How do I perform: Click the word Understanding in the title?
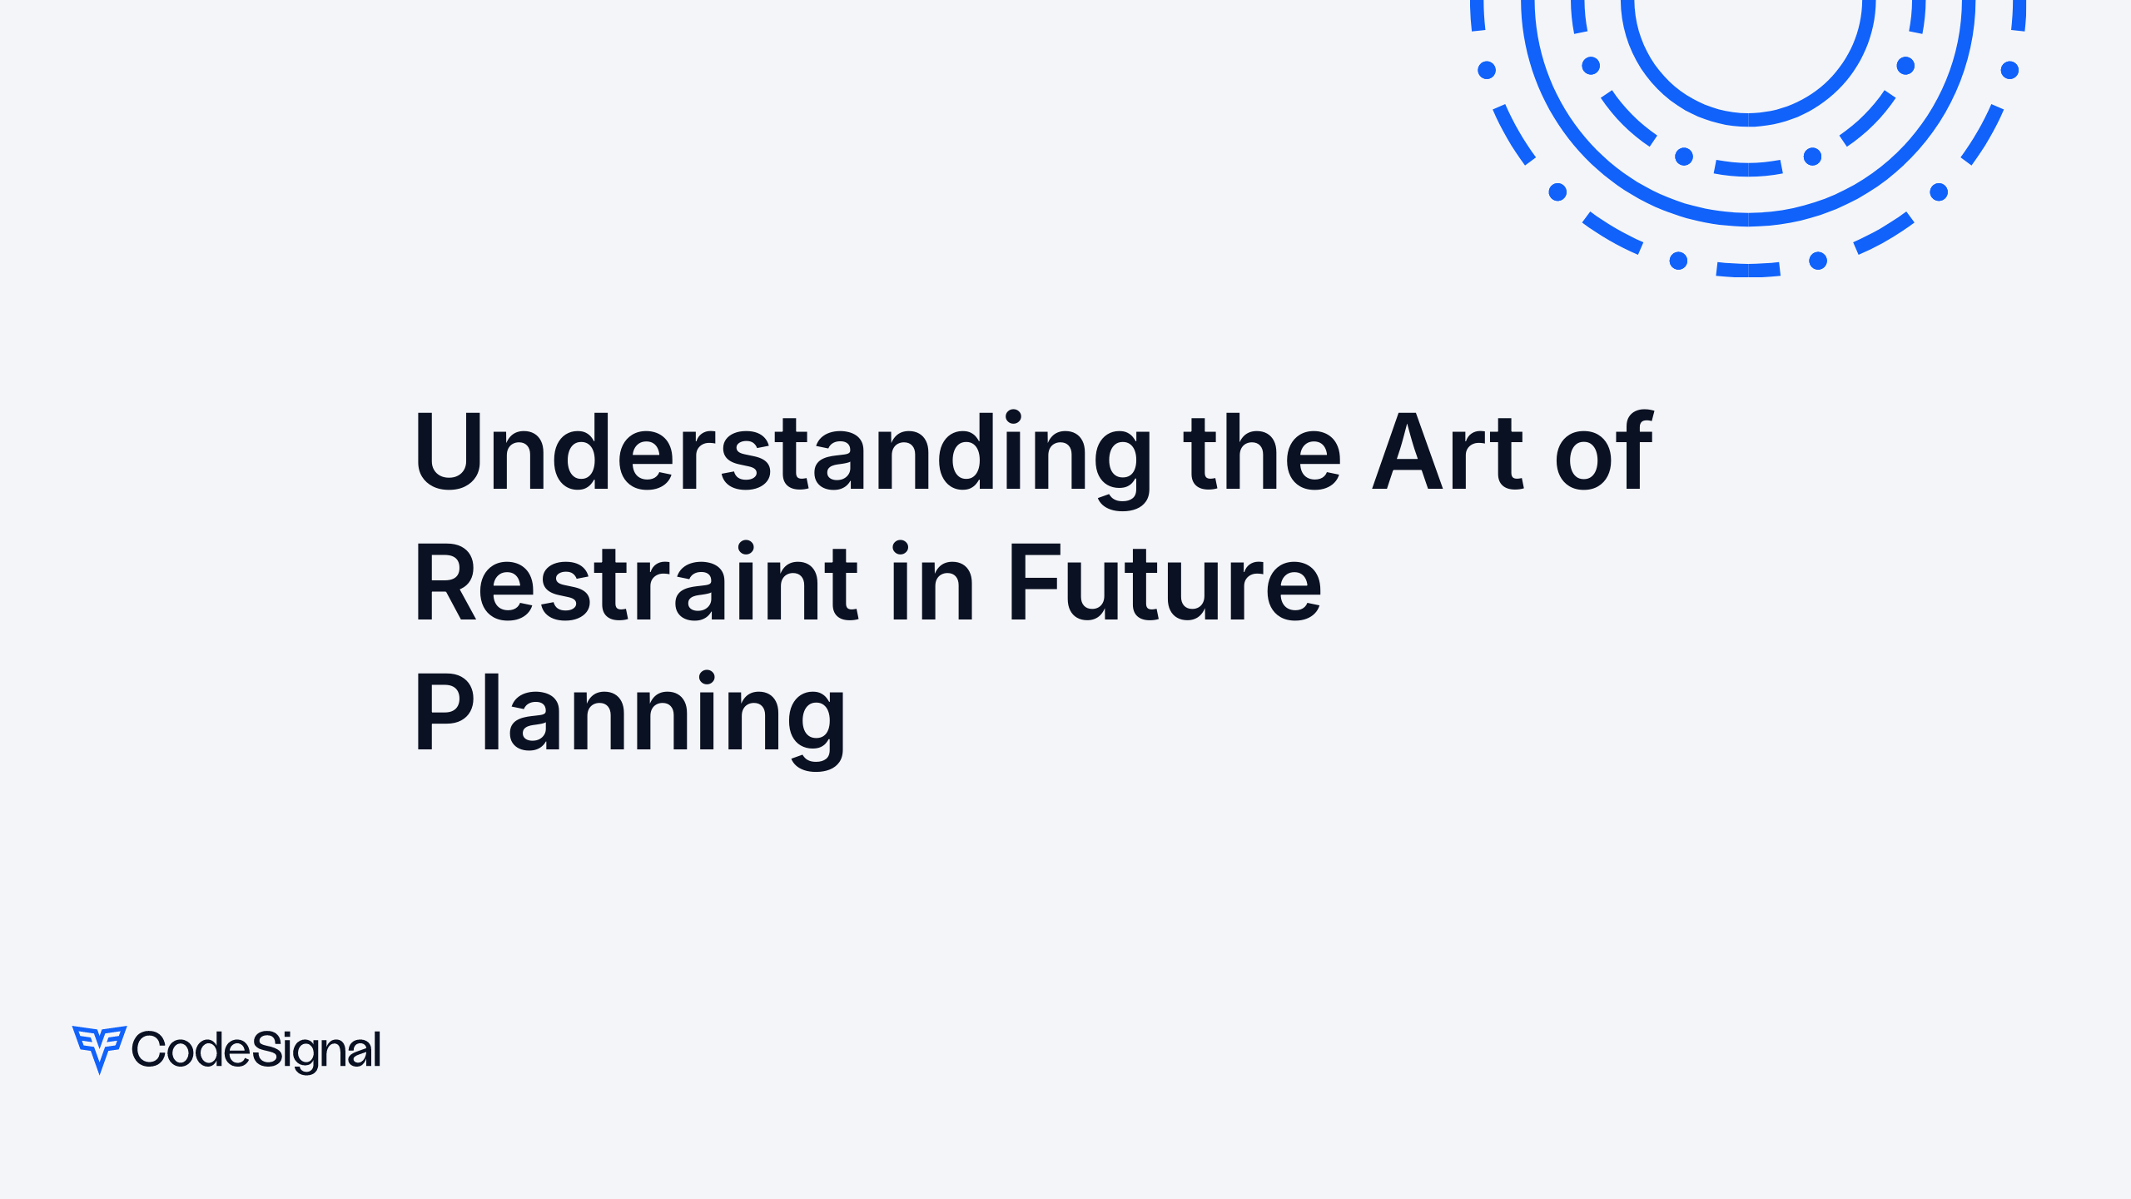tap(782, 454)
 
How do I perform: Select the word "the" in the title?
tap(1261, 454)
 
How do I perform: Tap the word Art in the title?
tap(1447, 454)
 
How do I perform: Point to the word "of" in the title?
tap(1603, 454)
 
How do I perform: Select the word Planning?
tap(630, 714)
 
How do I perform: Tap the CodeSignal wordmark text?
tap(256, 1050)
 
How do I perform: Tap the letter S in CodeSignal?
tap(269, 1048)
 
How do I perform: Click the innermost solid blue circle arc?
tap(1748, 120)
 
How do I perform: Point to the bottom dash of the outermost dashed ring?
tap(1748, 270)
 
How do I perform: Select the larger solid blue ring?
tap(1748, 219)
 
